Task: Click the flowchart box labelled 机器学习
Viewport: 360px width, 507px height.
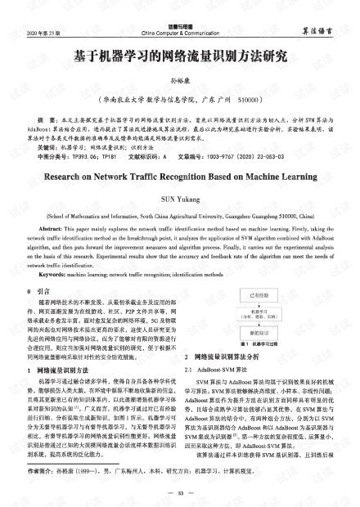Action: tap(254, 316)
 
